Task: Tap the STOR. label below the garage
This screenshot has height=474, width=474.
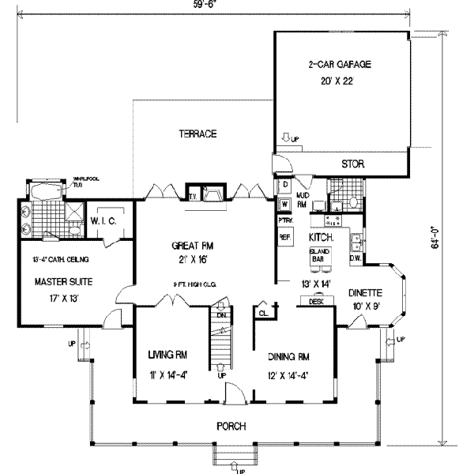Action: [352, 164]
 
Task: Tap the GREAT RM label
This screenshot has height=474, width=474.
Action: [192, 245]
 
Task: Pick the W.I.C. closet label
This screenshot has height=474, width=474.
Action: [104, 221]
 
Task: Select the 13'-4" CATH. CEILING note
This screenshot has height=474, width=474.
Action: [55, 259]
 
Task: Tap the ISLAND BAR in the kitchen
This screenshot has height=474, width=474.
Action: [320, 254]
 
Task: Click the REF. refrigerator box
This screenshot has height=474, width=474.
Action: [284, 236]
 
